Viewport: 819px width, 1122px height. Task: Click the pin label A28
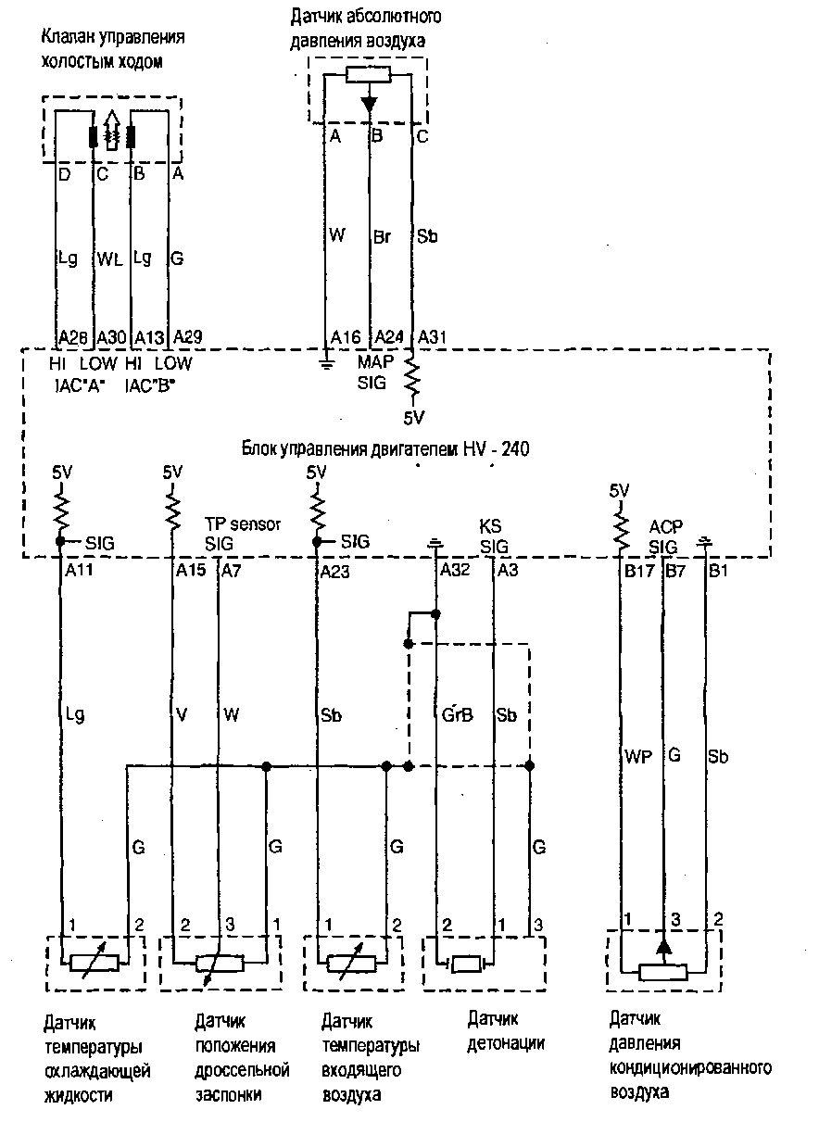tap(72, 336)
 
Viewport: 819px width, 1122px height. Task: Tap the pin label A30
tap(111, 336)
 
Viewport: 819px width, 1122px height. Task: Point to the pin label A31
tap(433, 336)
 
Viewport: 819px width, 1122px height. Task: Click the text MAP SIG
tap(374, 371)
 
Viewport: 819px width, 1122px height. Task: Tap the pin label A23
tap(334, 572)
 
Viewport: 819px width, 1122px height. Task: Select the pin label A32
tap(457, 572)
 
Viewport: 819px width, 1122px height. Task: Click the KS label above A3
tap(490, 525)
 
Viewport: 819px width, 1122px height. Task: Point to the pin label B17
tap(639, 572)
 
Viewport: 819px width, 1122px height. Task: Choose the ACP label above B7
tap(664, 525)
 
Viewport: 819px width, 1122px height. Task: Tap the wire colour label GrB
tap(458, 714)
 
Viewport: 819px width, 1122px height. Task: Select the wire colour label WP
tap(638, 757)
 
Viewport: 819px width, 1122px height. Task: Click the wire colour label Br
tap(382, 236)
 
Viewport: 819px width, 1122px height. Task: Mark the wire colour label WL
tap(110, 261)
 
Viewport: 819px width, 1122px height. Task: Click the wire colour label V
tap(182, 714)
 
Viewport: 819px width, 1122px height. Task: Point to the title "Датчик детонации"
tap(505, 1030)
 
